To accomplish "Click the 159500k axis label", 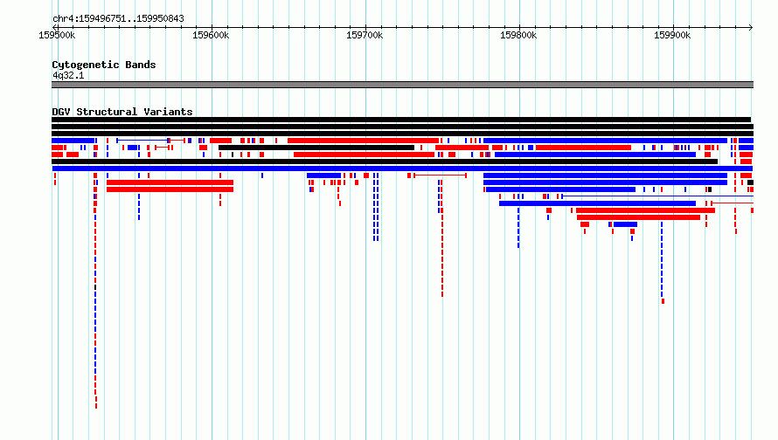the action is pos(57,35).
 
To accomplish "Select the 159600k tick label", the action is pos(211,35).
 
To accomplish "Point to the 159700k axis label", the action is pos(365,35).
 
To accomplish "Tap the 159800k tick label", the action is pos(518,35).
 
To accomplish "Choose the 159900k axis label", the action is pos(672,35).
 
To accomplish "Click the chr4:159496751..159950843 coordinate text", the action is pos(118,19).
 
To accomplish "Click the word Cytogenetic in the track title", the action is pos(86,65).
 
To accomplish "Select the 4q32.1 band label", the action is pos(68,75).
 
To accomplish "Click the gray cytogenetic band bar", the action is pos(402,85).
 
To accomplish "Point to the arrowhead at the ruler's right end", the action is pos(751,27).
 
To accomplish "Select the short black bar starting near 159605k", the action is pos(316,148).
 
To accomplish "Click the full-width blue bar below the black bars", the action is pos(402,168).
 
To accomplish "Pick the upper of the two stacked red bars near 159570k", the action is pos(170,182).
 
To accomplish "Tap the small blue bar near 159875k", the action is pos(625,224).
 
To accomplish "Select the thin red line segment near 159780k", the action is pos(440,175).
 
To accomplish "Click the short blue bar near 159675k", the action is pos(324,175).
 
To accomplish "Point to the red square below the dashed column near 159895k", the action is pos(663,301).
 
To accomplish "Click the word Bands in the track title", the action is pos(141,65).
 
